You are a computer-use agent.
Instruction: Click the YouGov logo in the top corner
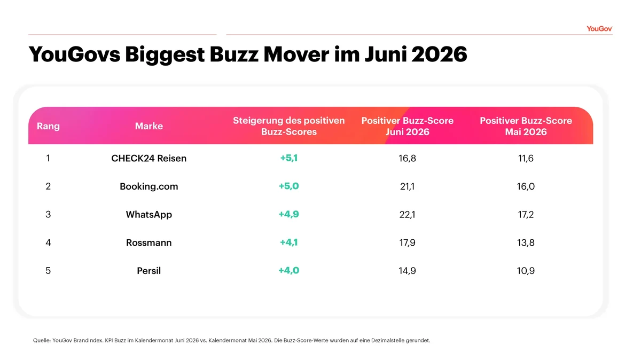pos(599,29)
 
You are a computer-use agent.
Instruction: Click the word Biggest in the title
pos(165,54)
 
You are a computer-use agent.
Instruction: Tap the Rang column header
pos(48,126)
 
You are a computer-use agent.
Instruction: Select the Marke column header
pos(149,126)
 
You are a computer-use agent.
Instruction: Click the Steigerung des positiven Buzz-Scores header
pos(289,126)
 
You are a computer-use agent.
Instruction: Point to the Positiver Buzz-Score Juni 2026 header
pos(407,126)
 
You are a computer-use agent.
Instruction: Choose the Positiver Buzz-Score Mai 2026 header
pos(526,126)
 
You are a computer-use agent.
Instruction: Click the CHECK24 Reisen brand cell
pos(149,158)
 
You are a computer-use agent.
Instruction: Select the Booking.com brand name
pos(149,186)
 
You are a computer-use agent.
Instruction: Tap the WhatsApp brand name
pos(149,215)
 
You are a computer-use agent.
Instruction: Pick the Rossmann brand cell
pos(149,242)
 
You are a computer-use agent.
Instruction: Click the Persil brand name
pos(149,271)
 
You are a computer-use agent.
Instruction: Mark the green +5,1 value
pos(289,158)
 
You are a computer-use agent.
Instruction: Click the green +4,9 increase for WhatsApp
pos(289,214)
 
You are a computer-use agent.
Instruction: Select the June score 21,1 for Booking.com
pos(407,186)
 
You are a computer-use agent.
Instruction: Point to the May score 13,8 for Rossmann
pos(526,242)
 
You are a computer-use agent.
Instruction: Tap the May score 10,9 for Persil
pos(526,271)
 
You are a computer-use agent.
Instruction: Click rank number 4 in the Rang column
pos(48,242)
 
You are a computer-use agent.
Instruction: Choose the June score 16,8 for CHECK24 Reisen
pos(407,158)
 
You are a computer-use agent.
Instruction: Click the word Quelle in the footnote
pos(42,341)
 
